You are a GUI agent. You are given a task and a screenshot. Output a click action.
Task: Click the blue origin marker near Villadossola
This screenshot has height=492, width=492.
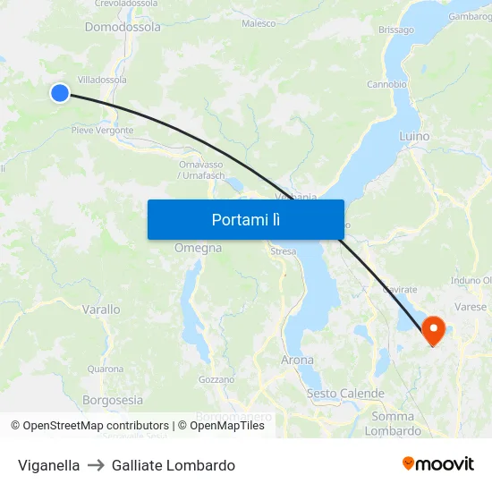(60, 92)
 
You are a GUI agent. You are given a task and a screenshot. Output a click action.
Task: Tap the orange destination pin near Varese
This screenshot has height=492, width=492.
(434, 329)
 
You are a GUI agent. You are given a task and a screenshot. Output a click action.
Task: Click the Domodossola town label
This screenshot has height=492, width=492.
(123, 27)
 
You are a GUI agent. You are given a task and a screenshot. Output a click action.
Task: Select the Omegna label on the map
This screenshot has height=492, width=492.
(198, 248)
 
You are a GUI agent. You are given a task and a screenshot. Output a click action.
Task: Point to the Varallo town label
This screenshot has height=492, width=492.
(101, 310)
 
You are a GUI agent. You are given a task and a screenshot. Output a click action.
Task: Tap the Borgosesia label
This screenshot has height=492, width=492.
(112, 400)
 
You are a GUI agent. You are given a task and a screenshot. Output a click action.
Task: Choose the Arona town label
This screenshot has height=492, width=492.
(297, 360)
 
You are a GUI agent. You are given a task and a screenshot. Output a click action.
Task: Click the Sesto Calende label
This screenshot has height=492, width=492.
(345, 394)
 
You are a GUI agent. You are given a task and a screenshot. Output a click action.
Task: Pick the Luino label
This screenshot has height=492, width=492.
(414, 137)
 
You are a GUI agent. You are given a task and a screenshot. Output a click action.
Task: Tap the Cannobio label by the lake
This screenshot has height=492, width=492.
(386, 85)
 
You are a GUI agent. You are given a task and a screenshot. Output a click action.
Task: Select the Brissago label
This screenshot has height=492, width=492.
(396, 30)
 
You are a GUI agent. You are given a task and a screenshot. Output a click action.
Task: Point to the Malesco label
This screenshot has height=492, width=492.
(259, 23)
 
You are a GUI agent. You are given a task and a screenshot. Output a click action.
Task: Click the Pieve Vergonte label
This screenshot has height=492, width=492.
(103, 131)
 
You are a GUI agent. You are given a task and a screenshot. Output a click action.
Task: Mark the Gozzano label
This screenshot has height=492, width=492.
(216, 379)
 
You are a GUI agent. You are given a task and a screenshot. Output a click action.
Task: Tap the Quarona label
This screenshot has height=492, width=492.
(106, 369)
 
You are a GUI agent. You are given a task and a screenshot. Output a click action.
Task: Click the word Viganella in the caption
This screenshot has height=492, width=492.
(48, 465)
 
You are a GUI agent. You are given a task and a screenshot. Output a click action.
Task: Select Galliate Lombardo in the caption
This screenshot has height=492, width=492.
(174, 465)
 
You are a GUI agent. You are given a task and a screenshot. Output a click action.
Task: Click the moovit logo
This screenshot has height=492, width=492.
(438, 463)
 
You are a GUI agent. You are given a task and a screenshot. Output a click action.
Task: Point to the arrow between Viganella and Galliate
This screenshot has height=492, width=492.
(96, 465)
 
